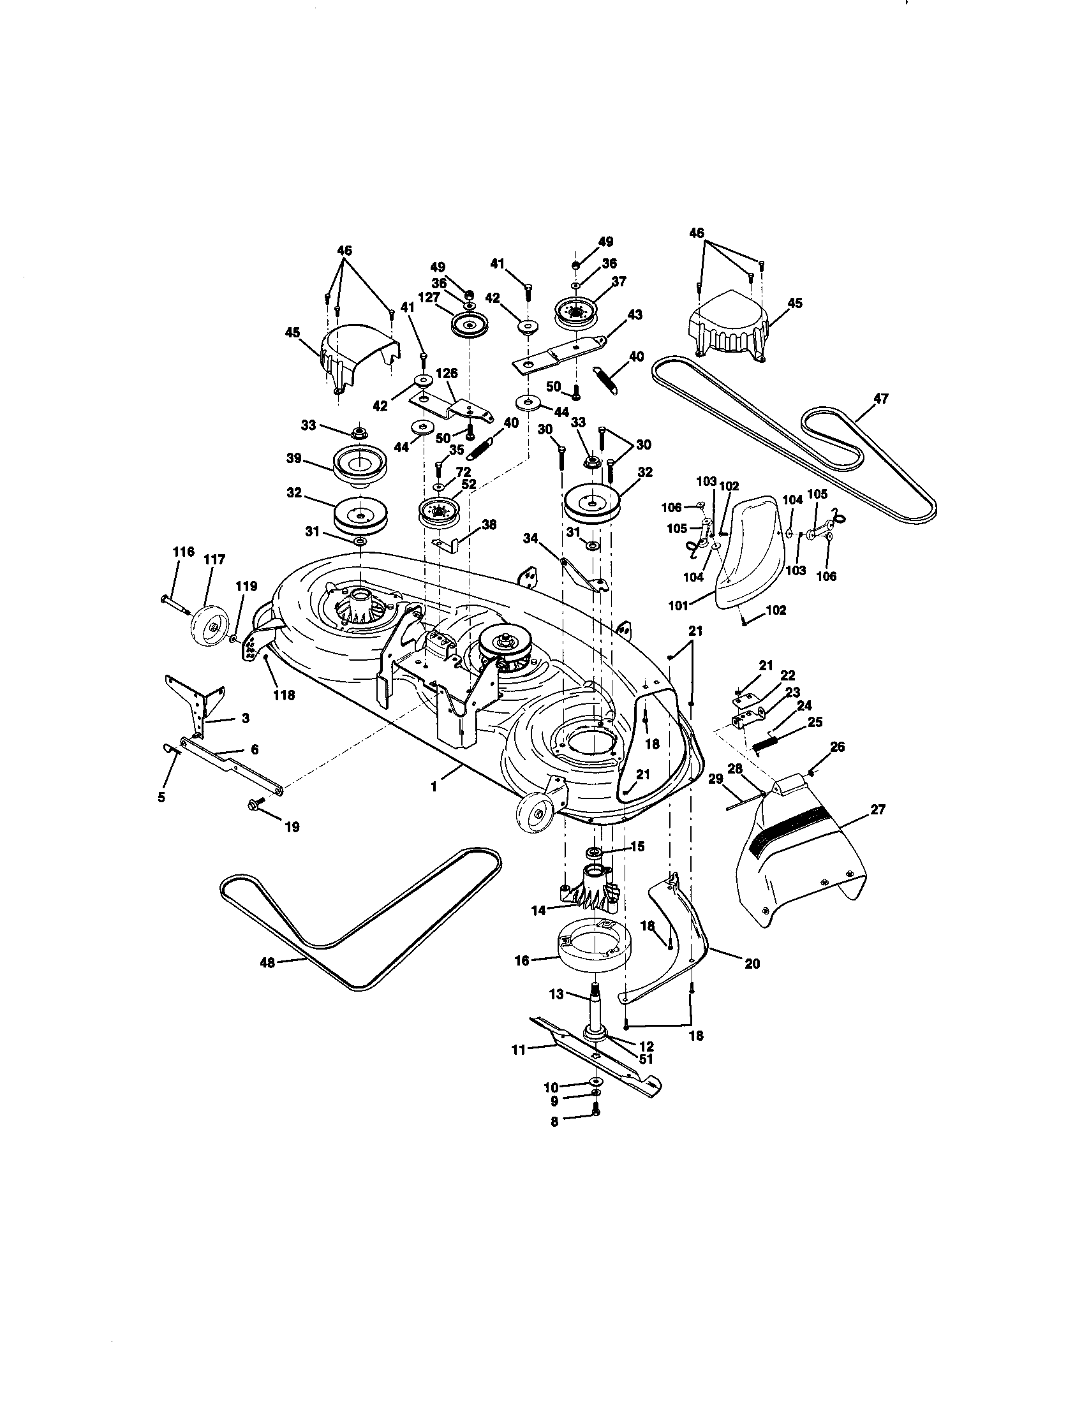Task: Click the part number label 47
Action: (880, 399)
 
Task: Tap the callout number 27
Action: (878, 810)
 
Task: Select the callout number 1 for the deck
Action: (434, 786)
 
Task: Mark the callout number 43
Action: (635, 315)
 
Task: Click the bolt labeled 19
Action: (255, 805)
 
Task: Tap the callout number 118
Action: (283, 694)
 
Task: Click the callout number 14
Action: (538, 909)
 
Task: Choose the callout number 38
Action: (489, 524)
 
